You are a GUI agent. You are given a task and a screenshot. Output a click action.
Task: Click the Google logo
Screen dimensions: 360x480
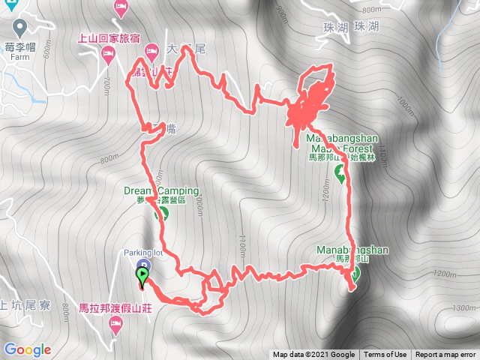[x=27, y=349]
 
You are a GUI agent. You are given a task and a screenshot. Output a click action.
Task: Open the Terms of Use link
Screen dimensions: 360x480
[x=385, y=355]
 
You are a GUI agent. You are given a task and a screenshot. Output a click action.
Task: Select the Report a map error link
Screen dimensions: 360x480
[x=446, y=355]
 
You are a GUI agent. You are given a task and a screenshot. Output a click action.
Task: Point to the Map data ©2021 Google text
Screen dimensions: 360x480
[x=313, y=355]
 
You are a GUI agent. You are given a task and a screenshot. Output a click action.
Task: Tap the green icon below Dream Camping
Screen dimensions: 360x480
[x=160, y=214]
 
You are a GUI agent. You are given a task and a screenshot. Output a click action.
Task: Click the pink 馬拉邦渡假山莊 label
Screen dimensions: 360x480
[x=114, y=307]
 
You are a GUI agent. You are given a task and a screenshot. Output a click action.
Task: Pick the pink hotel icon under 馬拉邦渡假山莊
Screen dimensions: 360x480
[x=115, y=323]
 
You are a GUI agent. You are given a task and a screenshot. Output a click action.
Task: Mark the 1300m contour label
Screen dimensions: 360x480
[x=466, y=307]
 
